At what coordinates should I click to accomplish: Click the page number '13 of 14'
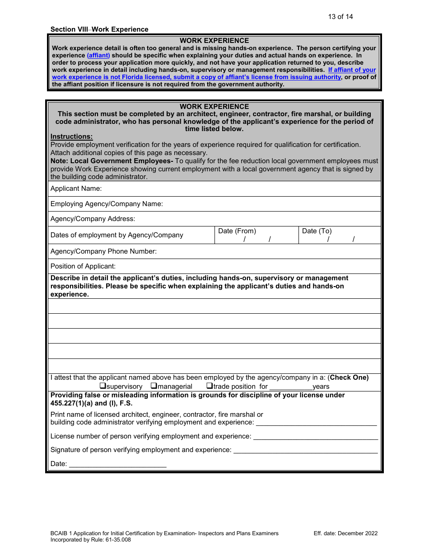(340, 17)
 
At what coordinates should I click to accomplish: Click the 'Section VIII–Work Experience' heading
(99, 29)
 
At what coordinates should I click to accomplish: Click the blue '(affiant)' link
(98, 56)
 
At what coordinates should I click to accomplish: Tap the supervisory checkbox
(103, 386)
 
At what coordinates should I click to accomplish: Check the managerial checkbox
(154, 386)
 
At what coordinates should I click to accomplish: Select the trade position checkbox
(210, 386)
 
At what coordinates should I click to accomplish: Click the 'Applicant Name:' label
(76, 188)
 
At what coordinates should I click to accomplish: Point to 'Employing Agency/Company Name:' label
(107, 204)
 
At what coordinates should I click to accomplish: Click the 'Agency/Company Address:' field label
(93, 219)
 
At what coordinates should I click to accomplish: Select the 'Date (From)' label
(237, 231)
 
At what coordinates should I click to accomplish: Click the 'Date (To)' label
(317, 231)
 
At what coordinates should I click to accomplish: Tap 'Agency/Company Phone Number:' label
(103, 251)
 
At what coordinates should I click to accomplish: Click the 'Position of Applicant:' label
(83, 266)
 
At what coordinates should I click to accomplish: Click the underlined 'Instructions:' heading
(71, 137)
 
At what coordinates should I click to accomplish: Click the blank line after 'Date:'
(117, 464)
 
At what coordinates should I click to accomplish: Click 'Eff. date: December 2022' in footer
(345, 533)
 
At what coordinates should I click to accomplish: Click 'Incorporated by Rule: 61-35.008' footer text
(91, 540)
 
